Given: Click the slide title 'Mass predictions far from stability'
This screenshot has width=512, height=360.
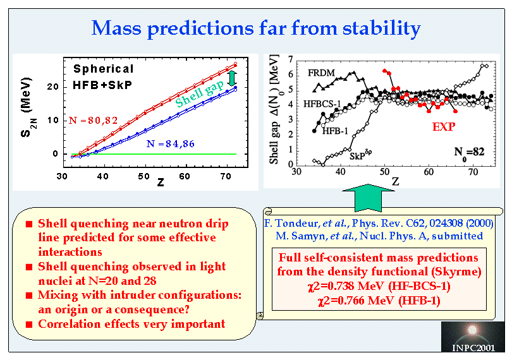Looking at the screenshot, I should tap(256, 28).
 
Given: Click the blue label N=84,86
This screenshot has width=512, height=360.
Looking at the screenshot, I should tap(170, 144).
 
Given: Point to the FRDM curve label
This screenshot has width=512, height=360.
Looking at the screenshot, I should tap(322, 73).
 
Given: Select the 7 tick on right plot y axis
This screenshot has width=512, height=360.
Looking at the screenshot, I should tap(290, 59).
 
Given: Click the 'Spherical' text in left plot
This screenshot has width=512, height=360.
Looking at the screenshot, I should tap(103, 69).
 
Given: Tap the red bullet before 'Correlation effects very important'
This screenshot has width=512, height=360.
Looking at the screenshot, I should tap(29, 325).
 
